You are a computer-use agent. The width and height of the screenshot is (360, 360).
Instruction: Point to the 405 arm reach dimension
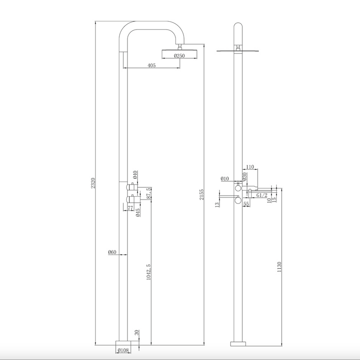[152, 65]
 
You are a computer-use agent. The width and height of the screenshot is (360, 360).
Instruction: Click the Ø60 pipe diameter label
[112, 252]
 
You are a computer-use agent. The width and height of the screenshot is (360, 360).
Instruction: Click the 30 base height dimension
[137, 332]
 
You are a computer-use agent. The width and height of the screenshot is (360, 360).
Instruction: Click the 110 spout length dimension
[250, 167]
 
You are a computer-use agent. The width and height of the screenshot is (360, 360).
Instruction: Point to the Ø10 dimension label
[225, 179]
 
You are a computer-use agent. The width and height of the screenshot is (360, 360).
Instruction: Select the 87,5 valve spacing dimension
[149, 194]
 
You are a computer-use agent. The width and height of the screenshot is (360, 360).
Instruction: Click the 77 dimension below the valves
[130, 208]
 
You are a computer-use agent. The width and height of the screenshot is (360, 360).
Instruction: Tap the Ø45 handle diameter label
[138, 212]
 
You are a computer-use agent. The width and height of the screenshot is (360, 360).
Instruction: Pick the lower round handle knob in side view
[239, 201]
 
